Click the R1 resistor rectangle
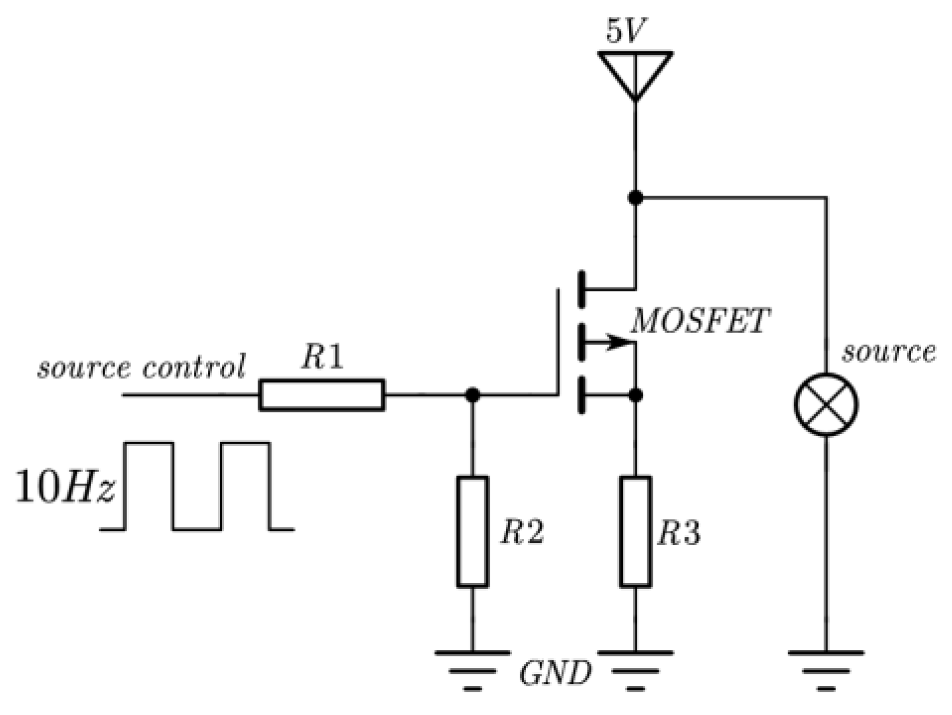(322, 395)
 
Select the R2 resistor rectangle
(472, 531)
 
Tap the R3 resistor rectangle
(636, 531)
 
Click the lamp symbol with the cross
(826, 404)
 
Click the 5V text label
(626, 31)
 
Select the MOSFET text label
(700, 322)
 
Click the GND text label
(555, 674)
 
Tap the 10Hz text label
(65, 488)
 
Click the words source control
(141, 367)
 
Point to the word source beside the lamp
(888, 352)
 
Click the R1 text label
(323, 357)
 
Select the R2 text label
(522, 532)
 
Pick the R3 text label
(679, 533)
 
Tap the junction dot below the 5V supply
(636, 197)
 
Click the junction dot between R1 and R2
(472, 395)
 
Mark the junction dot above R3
(636, 395)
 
